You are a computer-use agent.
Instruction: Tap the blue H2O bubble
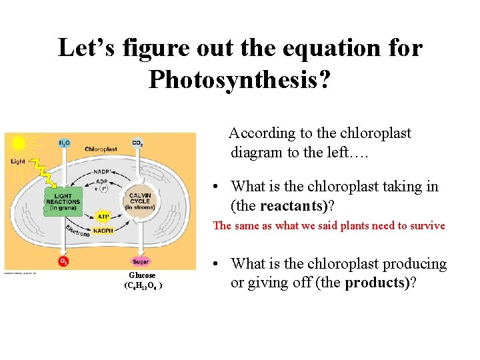(64, 143)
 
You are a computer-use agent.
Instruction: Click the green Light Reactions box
(63, 202)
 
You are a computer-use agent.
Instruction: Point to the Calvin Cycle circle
(139, 202)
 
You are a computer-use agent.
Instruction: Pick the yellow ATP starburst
(103, 217)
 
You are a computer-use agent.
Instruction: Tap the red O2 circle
(64, 261)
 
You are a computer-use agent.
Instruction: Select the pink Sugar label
(140, 261)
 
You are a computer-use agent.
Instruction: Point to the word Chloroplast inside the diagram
(101, 149)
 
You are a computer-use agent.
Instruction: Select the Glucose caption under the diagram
(141, 275)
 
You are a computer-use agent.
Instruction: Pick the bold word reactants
(292, 205)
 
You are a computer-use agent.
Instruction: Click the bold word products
(377, 283)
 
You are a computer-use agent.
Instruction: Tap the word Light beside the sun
(17, 161)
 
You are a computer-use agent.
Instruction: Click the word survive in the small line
(426, 226)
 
